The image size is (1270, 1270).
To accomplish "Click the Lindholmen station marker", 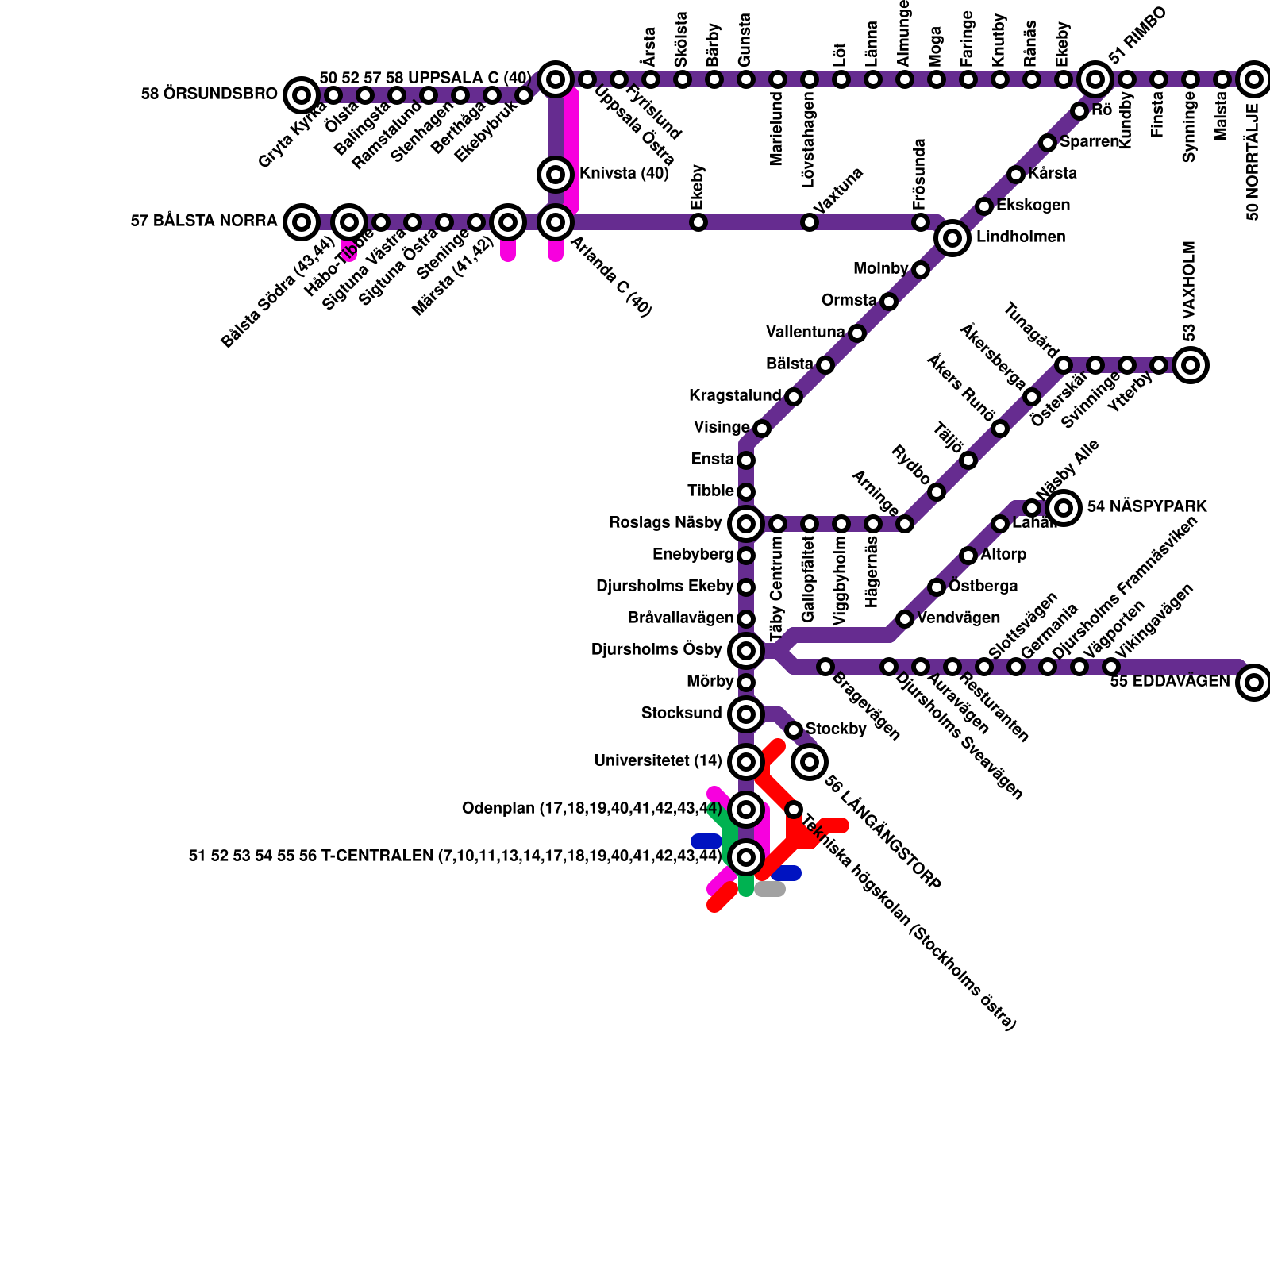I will [x=952, y=237].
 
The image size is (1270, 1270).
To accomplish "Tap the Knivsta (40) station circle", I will [x=556, y=174].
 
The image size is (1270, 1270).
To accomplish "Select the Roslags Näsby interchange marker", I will [x=745, y=523].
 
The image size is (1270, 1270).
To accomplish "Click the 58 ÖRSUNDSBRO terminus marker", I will [x=301, y=95].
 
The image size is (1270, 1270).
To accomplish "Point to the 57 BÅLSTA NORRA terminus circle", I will [x=301, y=221].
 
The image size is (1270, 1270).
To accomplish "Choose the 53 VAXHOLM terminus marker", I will [x=1191, y=365].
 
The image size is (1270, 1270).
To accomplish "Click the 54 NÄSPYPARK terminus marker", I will [x=1064, y=507].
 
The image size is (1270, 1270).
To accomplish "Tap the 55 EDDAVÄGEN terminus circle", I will [x=1253, y=682].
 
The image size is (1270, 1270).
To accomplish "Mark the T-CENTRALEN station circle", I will [x=745, y=856].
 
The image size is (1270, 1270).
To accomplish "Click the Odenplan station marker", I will [x=745, y=809].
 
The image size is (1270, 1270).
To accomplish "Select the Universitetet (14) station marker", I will [x=745, y=762].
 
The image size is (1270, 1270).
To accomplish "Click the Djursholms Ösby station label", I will [x=656, y=650].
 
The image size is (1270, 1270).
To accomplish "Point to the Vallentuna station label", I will [x=805, y=332].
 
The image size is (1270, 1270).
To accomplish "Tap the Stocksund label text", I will [x=681, y=713].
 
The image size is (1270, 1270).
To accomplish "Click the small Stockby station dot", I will [x=793, y=729].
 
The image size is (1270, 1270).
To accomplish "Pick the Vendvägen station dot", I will [x=904, y=618].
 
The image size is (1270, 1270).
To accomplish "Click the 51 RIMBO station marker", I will [x=1095, y=79].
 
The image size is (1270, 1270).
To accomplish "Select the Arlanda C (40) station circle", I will [x=556, y=221].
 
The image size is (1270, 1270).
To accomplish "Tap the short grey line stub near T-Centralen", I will [x=770, y=889].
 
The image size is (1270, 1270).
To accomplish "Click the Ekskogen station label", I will [x=1033, y=205].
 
